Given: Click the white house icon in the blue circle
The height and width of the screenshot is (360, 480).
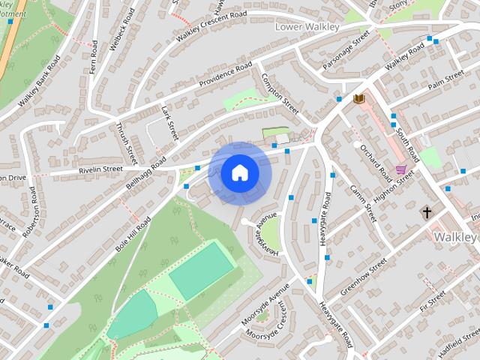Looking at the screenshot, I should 239,173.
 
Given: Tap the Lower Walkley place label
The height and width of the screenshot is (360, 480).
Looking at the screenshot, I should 307,27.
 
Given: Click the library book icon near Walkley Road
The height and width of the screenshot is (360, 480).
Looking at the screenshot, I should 359,98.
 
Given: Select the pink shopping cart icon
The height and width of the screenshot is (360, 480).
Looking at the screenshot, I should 401,170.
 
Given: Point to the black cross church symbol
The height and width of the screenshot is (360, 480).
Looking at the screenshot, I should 427,213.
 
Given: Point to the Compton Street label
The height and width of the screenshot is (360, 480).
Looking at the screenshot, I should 280,94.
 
